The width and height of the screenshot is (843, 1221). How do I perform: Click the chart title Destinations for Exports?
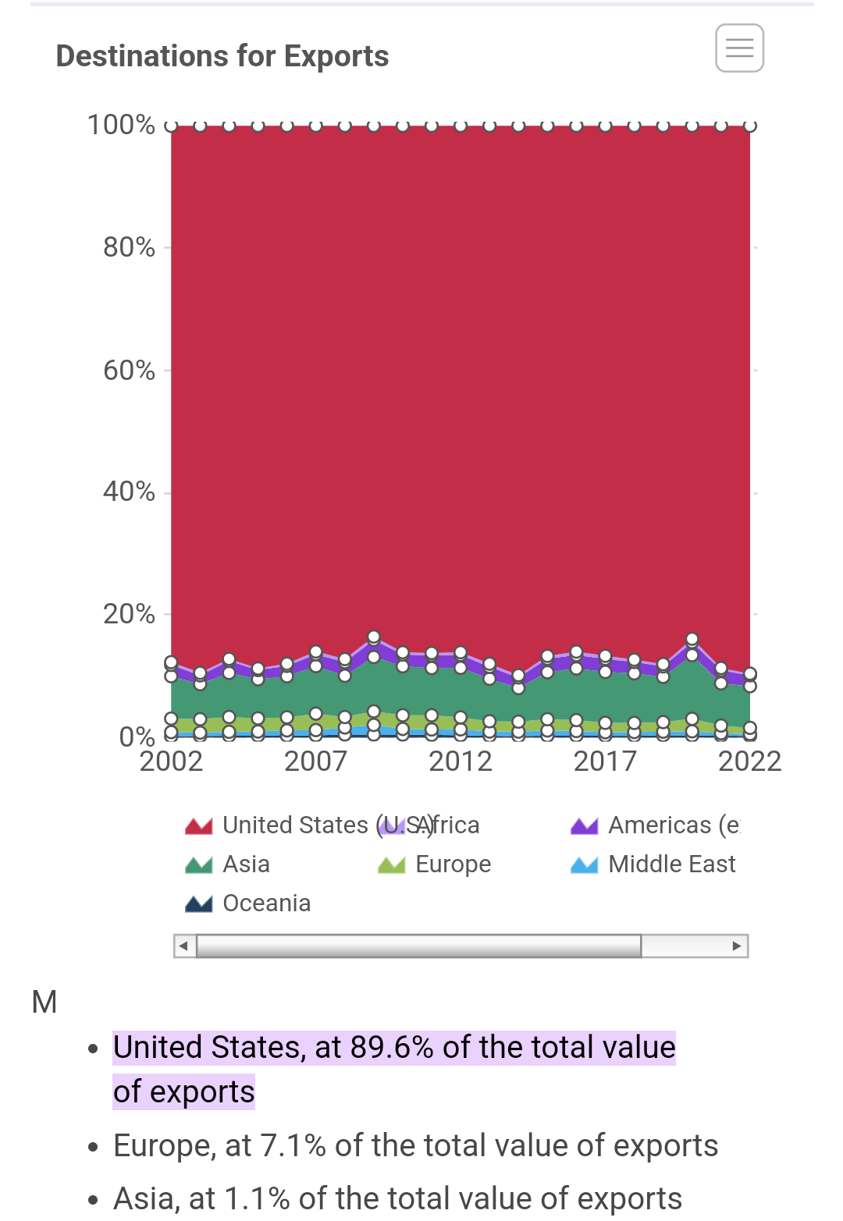[222, 56]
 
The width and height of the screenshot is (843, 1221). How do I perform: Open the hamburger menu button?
[739, 48]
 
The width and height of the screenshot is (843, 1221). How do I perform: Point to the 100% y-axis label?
[121, 125]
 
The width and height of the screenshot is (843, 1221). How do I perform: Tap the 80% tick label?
[129, 247]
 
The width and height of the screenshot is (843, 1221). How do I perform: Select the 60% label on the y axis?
[129, 370]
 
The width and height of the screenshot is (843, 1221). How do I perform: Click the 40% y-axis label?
[129, 492]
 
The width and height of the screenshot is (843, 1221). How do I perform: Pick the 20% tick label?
[129, 614]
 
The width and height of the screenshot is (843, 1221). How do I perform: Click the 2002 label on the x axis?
[171, 761]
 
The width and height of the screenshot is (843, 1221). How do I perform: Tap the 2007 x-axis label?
[315, 761]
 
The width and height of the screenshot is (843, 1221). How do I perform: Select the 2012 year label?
[461, 761]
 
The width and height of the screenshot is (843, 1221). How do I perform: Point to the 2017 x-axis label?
[605, 761]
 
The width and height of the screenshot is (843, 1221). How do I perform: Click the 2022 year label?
[749, 761]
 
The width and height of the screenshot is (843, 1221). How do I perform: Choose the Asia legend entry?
[246, 864]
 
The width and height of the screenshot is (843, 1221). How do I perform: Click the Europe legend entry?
[453, 864]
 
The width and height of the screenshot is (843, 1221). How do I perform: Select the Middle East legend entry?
[671, 864]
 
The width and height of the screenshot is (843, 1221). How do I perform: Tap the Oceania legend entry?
[266, 903]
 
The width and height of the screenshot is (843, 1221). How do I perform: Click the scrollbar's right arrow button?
[736, 946]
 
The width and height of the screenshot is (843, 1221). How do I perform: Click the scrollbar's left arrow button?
[184, 946]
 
